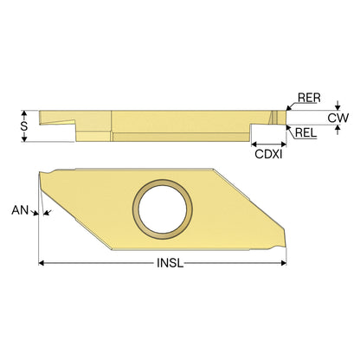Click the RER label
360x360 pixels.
pyautogui.click(x=309, y=98)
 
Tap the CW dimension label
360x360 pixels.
pyautogui.click(x=338, y=118)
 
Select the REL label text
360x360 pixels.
pyautogui.click(x=306, y=133)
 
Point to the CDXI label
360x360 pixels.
pyautogui.click(x=268, y=154)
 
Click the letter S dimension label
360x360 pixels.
pyautogui.click(x=24, y=125)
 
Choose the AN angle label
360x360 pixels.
pyautogui.click(x=20, y=210)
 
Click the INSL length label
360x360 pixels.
pyautogui.click(x=170, y=263)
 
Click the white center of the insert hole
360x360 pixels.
pyautogui.click(x=163, y=209)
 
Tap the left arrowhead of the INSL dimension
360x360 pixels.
pyautogui.click(x=42, y=263)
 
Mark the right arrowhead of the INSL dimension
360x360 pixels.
pyautogui.click(x=284, y=263)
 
